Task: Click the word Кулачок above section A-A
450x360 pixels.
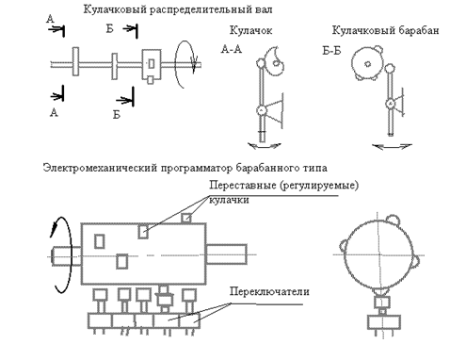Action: pos(250,30)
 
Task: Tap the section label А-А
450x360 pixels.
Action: pos(232,49)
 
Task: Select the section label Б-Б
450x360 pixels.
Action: pos(331,51)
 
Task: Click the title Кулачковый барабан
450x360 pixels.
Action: pos(385,30)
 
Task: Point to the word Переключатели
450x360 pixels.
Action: pos(269,291)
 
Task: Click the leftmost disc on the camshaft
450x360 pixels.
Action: pos(75,61)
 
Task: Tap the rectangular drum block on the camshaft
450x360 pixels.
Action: pos(152,64)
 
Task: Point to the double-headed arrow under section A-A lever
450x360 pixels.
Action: pos(265,145)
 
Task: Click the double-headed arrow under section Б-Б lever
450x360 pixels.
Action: pos(392,146)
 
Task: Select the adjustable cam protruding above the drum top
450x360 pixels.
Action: pos(186,218)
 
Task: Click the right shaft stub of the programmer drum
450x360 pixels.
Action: pos(226,254)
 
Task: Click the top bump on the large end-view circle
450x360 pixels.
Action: pos(393,220)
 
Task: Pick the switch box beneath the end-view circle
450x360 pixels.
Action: pos(383,322)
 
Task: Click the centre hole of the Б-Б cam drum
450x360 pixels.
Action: pos(367,64)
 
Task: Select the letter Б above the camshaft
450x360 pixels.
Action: pos(109,29)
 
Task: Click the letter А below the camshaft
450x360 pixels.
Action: pos(54,112)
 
